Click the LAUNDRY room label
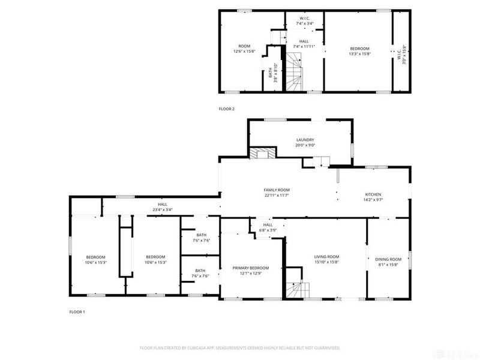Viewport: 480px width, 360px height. coord(301,140)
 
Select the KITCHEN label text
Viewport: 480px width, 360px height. coord(373,194)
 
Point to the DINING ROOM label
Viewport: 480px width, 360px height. coord(388,259)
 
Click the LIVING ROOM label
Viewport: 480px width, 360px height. coord(326,256)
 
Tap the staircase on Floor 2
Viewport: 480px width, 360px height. coord(294,73)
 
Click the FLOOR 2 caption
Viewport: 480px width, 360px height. coord(227,109)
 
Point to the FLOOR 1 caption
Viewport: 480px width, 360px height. coord(77,312)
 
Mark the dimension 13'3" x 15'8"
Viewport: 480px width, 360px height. coord(359,54)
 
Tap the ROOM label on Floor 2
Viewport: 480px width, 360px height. coord(244,46)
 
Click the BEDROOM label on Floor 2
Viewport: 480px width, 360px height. coord(359,49)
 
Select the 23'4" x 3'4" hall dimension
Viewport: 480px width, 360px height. coord(161,209)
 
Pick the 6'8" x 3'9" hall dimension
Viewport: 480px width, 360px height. coord(267,230)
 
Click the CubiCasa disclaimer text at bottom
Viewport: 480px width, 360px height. coord(240,347)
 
